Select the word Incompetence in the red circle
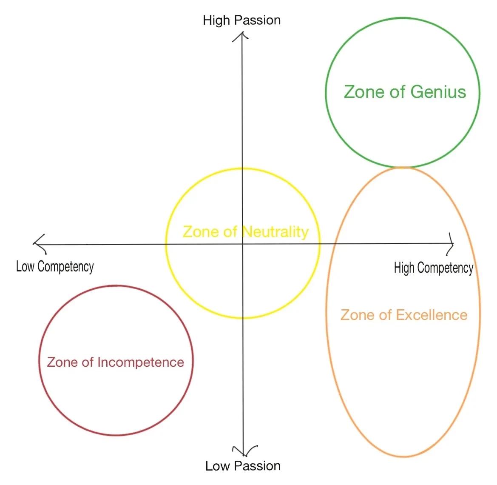141,362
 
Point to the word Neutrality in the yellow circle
275,232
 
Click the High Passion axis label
241,20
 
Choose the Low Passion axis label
243,466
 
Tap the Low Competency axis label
55,267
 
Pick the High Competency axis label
433,268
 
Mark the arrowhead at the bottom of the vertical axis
243,453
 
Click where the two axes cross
242,244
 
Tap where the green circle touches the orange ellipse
402,167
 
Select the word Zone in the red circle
62,362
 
